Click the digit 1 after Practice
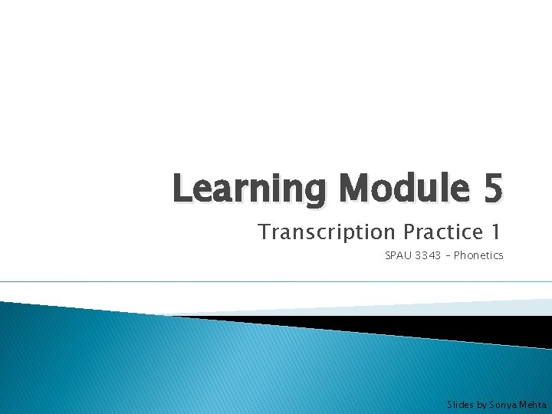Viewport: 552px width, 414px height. (498, 232)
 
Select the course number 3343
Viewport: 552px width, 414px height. (426, 255)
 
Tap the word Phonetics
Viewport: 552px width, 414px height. (478, 255)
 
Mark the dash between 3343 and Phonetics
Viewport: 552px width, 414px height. (447, 255)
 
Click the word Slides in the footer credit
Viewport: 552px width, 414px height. (460, 404)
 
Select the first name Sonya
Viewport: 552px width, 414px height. (503, 404)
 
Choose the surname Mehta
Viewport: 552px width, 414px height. (533, 404)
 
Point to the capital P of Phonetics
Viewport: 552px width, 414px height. (457, 255)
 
